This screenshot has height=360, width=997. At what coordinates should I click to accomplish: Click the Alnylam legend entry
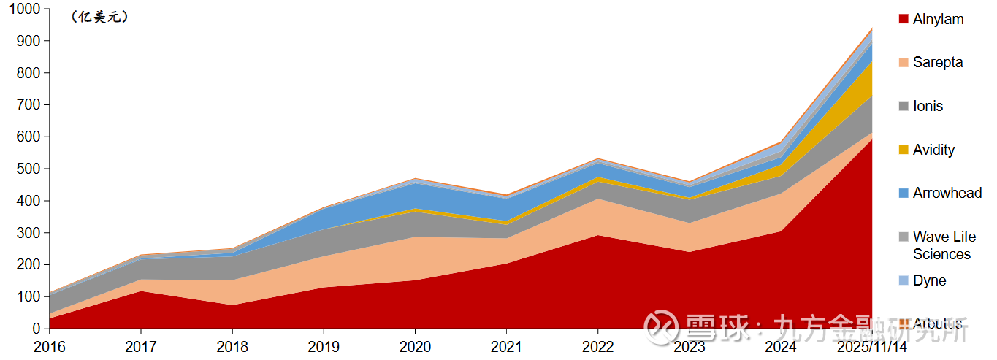tap(938, 19)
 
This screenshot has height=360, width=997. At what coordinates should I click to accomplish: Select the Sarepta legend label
tap(937, 62)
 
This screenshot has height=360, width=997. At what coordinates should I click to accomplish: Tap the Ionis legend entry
tap(928, 106)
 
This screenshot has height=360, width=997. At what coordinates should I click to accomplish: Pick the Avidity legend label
tap(933, 150)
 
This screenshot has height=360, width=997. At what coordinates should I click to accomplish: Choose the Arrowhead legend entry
tap(947, 193)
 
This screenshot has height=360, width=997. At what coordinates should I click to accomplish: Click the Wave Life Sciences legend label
tap(944, 245)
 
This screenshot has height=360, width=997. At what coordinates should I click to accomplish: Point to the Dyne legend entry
tap(929, 280)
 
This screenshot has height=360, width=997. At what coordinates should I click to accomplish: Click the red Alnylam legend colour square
tap(904, 19)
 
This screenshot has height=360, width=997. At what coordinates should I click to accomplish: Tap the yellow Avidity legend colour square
tap(904, 150)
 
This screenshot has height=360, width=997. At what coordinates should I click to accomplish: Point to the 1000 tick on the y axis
tap(26, 9)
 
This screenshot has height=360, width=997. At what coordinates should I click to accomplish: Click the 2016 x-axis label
tap(50, 346)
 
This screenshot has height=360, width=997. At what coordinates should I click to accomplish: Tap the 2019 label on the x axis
tap(324, 346)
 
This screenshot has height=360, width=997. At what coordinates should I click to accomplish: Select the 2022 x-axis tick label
tap(597, 346)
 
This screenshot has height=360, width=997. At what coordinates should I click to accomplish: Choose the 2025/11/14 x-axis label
tap(872, 346)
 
